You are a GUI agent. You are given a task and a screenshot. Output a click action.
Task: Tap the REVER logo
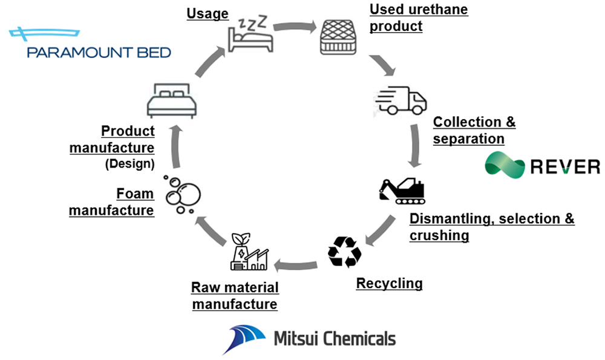pyautogui.click(x=542, y=165)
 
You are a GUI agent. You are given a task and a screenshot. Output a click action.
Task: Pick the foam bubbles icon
pyautogui.click(x=181, y=195)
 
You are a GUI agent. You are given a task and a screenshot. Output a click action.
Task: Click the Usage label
pyautogui.click(x=208, y=13)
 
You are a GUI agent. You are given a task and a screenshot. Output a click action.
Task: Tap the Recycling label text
pyautogui.click(x=389, y=283)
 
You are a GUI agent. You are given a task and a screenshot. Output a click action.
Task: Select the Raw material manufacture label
pyautogui.click(x=235, y=295)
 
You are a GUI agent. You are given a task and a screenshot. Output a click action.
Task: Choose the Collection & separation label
pyautogui.click(x=474, y=130)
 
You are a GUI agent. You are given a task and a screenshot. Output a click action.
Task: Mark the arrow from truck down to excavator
pyautogui.click(x=415, y=146)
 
